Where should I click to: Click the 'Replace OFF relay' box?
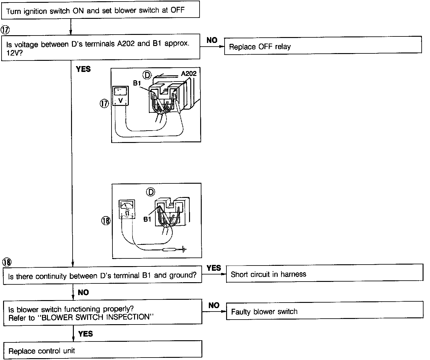(322, 46)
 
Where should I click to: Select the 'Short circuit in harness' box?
(324, 273)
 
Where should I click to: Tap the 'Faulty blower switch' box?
(324, 310)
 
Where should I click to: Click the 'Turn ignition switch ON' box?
(100, 10)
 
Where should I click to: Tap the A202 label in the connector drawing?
(188, 73)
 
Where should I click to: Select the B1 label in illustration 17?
(137, 83)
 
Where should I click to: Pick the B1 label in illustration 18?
(147, 219)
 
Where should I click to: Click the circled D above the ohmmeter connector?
(150, 192)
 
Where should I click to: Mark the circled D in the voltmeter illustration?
(147, 75)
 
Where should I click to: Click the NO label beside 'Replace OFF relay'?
(212, 40)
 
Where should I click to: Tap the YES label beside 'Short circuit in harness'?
(214, 268)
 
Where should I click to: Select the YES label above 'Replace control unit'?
(86, 334)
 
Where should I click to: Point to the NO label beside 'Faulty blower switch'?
(214, 305)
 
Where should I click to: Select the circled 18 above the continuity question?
(7, 262)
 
